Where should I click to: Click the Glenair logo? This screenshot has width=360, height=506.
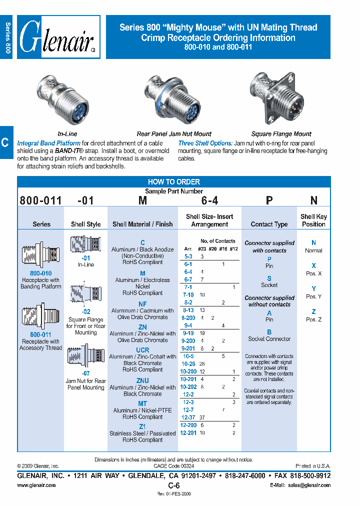58,37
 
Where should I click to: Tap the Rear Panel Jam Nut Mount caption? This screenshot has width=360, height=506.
174,134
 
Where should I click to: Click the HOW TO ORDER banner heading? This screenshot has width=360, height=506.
173,182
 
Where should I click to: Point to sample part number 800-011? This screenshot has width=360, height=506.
40,200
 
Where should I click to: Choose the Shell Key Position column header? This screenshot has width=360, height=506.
313,220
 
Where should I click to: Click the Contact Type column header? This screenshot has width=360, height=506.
269,224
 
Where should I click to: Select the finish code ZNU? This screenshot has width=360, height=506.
142,380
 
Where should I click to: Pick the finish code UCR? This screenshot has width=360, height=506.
142,350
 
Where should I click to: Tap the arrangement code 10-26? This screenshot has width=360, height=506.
188,363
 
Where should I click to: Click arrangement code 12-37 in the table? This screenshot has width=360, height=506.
188,417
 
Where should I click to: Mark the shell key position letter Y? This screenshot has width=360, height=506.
313,289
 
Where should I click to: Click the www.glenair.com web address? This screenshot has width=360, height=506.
36,485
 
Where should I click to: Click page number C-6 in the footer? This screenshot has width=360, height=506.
173,485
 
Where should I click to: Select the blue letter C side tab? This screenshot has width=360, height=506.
5,143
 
